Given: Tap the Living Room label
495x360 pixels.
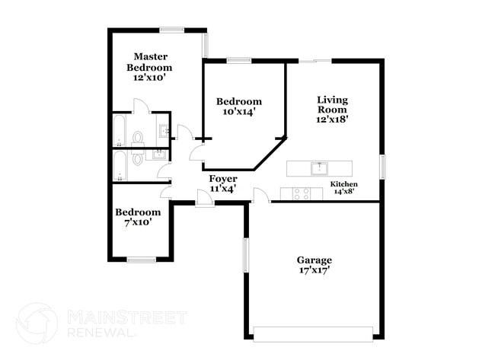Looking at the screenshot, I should [332, 109].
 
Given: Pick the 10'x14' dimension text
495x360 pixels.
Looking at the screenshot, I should [238, 111].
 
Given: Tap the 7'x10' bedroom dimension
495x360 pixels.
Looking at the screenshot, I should [138, 222].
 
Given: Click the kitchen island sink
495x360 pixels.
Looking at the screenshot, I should [319, 167].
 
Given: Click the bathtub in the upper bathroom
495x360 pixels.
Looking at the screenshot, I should [120, 129].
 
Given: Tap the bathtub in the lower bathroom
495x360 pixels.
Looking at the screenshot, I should [120, 166].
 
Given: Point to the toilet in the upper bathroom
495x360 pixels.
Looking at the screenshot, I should [138, 137].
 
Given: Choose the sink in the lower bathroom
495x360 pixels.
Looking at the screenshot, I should [160, 155].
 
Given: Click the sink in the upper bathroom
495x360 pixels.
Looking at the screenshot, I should [164, 130].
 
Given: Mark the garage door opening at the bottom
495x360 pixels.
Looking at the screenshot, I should [313, 333].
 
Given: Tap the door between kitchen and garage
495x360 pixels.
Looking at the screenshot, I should [260, 196].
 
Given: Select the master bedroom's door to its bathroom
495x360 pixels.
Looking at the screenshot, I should [140, 107].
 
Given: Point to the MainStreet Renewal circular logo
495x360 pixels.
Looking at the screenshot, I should [37, 323].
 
